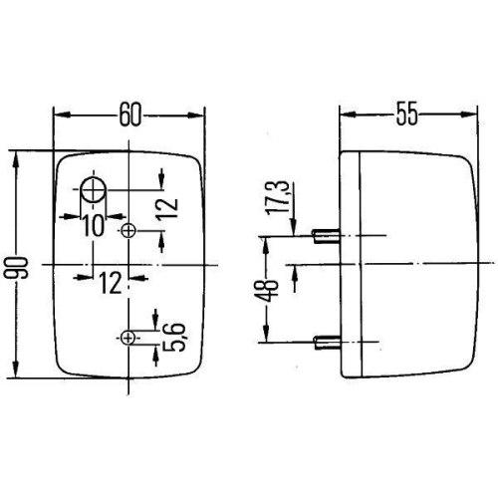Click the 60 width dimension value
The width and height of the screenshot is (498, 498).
(130, 114)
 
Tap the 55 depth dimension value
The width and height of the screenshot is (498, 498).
(405, 114)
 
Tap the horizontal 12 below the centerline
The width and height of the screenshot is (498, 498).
(110, 284)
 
